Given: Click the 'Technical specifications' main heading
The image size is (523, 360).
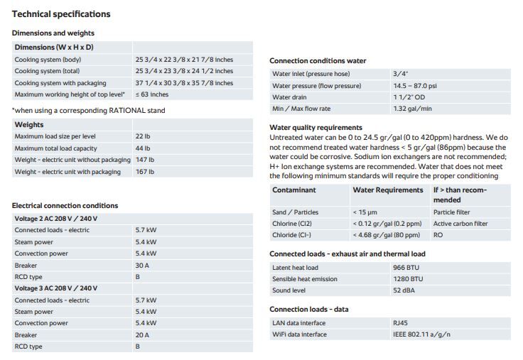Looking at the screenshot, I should pos(62,14).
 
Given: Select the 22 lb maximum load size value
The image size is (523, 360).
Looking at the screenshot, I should pos(142,136).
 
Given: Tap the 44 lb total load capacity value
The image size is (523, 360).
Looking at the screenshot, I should pos(142,148).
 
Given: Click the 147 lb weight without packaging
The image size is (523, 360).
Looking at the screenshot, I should pos(144,160).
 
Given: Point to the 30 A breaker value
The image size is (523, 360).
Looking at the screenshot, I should pos(142,265).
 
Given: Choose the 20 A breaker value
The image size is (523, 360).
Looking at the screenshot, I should pos(142,335).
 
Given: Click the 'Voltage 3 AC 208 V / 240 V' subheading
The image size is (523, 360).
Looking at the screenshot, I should pos(56,288).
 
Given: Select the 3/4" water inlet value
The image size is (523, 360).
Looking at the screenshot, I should pos(400,73).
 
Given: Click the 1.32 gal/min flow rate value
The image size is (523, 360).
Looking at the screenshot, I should pos(412,109).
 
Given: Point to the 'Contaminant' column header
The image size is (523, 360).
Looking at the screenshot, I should pos(294,190).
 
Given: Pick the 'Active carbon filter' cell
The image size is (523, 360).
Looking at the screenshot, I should pos(460,224).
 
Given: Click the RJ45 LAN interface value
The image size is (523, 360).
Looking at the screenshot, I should pos(400,322).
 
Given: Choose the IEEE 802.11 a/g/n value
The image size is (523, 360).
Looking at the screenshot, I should pos(421,334).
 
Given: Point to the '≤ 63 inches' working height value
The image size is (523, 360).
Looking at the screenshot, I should pos(152,94).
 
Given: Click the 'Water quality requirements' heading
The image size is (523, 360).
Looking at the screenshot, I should pos(316,127).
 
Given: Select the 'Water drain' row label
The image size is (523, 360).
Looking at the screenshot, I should pos(291,97).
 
